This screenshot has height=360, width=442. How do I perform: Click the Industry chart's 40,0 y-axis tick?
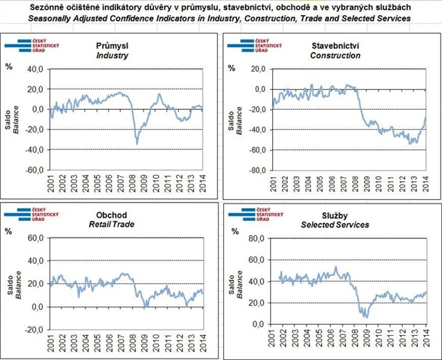[x=35, y=69]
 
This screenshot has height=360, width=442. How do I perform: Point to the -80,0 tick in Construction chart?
[x=257, y=170]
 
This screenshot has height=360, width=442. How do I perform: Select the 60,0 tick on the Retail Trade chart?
[x=35, y=238]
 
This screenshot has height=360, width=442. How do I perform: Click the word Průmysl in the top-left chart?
[x=110, y=46]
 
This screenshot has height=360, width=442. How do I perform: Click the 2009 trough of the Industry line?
[x=137, y=143]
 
